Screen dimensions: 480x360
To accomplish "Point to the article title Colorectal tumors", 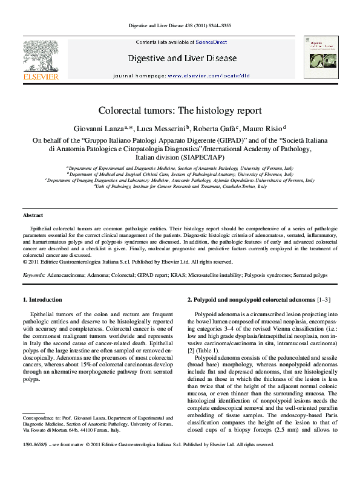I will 180,111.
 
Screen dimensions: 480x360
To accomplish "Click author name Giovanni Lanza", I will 99,129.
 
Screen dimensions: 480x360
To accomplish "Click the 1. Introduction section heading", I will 42,300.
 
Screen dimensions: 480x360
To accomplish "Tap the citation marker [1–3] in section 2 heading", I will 324,300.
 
